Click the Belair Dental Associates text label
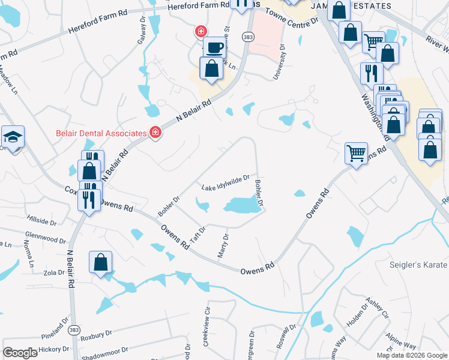point(101,133)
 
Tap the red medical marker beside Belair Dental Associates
point(155,133)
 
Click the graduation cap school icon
point(12,137)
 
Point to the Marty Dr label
point(223,246)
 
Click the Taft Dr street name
point(198,234)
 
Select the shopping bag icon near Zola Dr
point(100,262)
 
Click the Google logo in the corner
point(20,353)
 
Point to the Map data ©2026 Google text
point(411,355)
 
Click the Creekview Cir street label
point(207,328)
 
